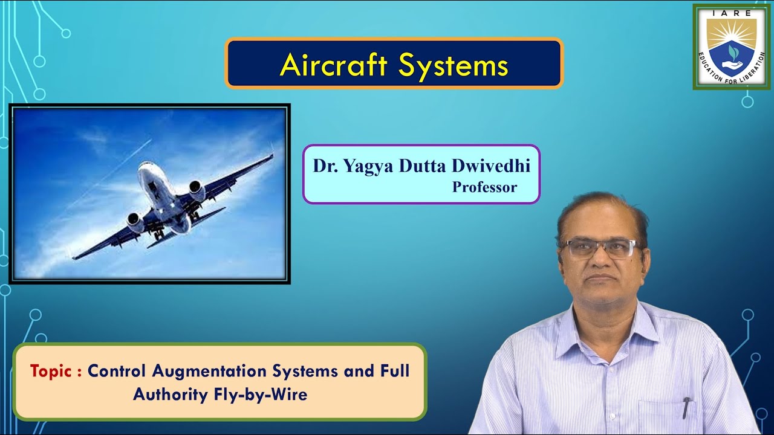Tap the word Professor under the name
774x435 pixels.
(484, 187)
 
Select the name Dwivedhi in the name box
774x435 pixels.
(492, 166)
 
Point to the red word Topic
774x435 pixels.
(52, 371)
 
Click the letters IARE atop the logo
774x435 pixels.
(731, 12)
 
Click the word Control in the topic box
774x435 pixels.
(117, 371)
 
